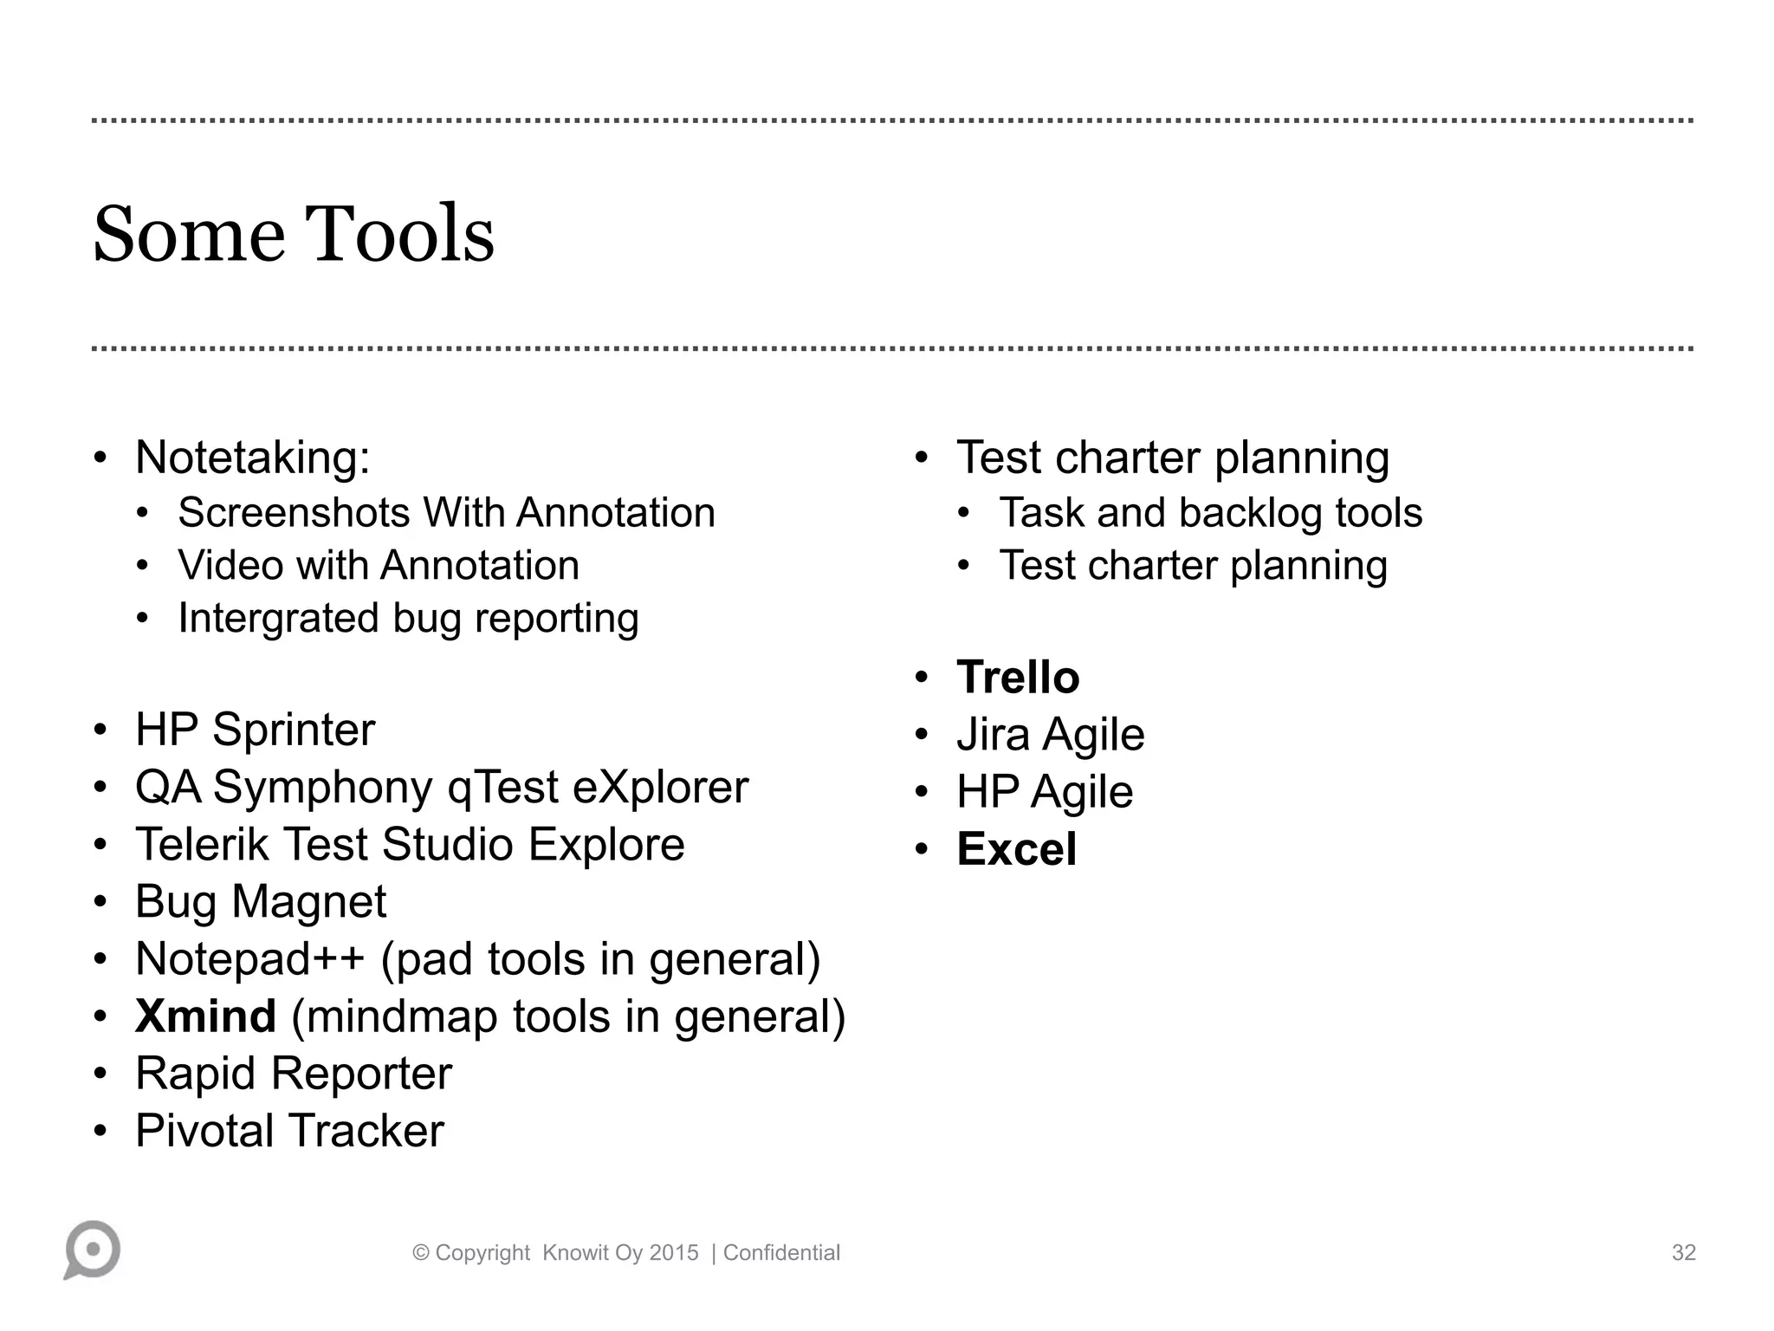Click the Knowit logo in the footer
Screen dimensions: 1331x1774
(92, 1250)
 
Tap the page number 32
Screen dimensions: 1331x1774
(1683, 1252)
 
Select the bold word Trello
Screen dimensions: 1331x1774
(1018, 677)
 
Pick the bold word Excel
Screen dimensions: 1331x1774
(1016, 848)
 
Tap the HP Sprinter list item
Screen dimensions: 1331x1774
(255, 729)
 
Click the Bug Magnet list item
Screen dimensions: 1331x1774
(260, 901)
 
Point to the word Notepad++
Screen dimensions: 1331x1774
(250, 958)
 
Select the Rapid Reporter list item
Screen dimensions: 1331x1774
(293, 1073)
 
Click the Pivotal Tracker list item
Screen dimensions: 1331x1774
(289, 1130)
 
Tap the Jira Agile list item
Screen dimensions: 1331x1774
(1050, 734)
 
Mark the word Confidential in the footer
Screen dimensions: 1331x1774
(781, 1252)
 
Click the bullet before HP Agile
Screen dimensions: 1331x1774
(921, 791)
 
